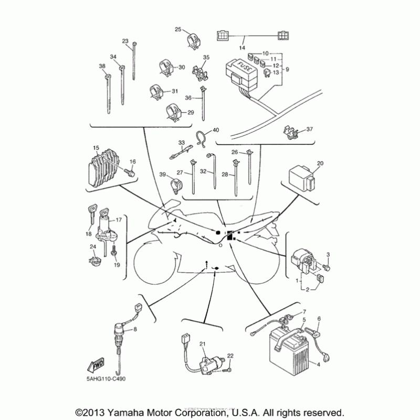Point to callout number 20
point(320,164)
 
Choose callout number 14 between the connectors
point(242,48)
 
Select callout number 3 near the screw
point(328,255)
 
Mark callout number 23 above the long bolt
point(125,41)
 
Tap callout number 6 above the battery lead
point(318,319)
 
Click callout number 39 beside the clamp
point(163,174)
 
